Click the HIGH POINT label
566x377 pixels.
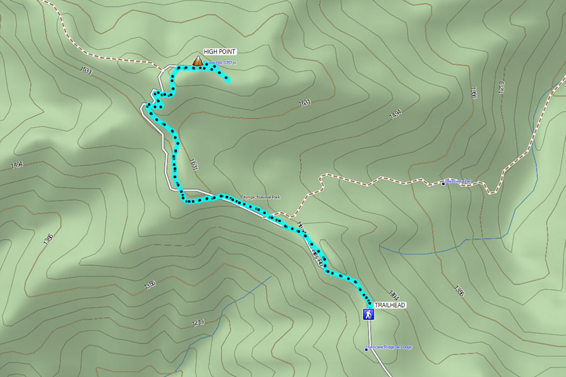click(x=219, y=52)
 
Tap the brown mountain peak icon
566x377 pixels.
click(x=197, y=61)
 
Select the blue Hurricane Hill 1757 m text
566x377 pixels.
click(x=223, y=63)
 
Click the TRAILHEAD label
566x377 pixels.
click(x=390, y=305)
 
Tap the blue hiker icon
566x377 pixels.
click(x=368, y=313)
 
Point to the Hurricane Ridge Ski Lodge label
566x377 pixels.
click(x=391, y=347)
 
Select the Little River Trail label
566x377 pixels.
click(x=458, y=182)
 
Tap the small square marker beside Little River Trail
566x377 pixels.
click(x=443, y=183)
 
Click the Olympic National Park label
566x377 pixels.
click(x=261, y=198)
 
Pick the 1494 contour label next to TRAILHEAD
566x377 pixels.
click(x=394, y=294)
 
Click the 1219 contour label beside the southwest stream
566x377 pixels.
click(x=198, y=324)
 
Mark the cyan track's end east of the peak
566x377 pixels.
click(x=228, y=81)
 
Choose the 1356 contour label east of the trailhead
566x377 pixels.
click(x=459, y=291)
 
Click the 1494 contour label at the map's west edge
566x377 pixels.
click(x=17, y=165)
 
